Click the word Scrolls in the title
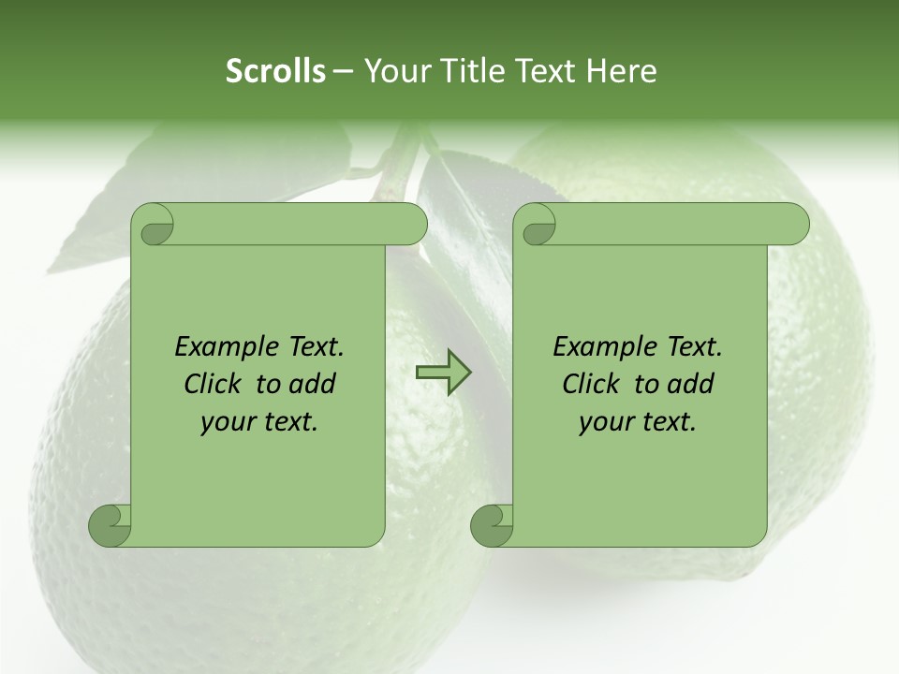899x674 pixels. click(275, 71)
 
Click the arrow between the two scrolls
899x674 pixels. click(443, 373)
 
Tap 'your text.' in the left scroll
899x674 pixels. click(259, 422)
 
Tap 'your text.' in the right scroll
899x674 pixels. click(638, 422)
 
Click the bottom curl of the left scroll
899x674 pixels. click(110, 525)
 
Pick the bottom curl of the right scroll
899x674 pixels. click(492, 525)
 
